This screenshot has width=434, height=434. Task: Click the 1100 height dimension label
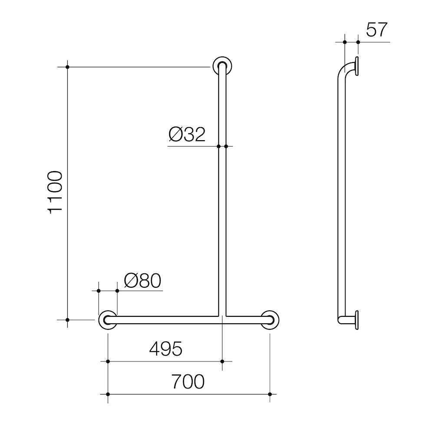(x=56, y=193)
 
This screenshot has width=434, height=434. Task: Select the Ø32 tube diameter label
(x=187, y=135)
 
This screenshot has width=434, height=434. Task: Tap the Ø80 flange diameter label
(x=142, y=281)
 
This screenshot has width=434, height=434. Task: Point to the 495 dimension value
(x=166, y=349)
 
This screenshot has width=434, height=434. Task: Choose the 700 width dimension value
(x=188, y=381)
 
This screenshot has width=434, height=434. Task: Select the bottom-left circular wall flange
(x=108, y=320)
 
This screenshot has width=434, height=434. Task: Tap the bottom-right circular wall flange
(x=270, y=320)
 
